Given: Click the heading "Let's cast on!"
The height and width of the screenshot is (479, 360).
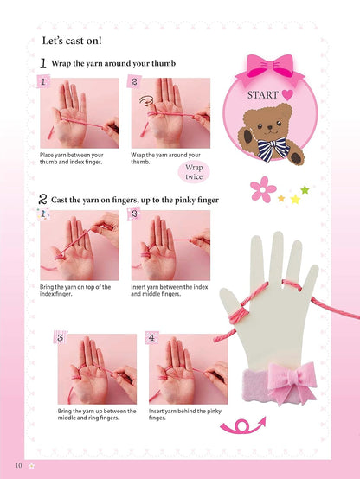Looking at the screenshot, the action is coord(72,41).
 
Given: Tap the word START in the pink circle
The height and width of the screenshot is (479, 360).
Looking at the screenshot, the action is coord(263,95).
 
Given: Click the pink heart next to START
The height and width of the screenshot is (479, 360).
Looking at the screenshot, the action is coord(287,95).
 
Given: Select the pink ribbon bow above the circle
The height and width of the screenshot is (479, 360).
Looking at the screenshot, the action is coord(270,67).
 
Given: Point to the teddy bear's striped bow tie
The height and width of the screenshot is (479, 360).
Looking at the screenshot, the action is coord(273,149).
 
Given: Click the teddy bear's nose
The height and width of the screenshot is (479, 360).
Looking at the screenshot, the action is coord(270,127).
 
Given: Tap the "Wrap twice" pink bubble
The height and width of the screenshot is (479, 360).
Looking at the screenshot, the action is coord(194,172).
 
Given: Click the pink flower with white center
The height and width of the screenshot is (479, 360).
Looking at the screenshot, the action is coord(263,189).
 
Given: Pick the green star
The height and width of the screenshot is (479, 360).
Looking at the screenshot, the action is coord(305,190).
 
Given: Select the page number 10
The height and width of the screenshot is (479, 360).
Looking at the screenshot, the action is coord(19,465).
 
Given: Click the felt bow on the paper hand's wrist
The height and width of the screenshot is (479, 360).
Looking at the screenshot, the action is coord(291,382).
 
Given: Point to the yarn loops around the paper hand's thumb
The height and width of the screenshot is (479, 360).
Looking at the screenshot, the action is coord(238,316).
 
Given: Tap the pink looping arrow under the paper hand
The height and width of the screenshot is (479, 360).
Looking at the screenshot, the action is coord(243,425).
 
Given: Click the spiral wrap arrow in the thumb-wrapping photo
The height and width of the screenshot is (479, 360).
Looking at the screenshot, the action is coord(146,100).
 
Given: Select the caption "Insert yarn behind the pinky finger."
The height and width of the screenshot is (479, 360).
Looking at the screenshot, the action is coord(184,414).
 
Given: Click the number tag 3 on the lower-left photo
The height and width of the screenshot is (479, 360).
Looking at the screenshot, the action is coord(61,337).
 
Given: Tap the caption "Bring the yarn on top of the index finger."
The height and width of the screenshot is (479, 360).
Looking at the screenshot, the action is coord(75,291).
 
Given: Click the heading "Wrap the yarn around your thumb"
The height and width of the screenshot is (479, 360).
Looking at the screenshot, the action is coord(113,63).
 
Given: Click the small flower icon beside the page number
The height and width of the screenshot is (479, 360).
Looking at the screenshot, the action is coord(31,466).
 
